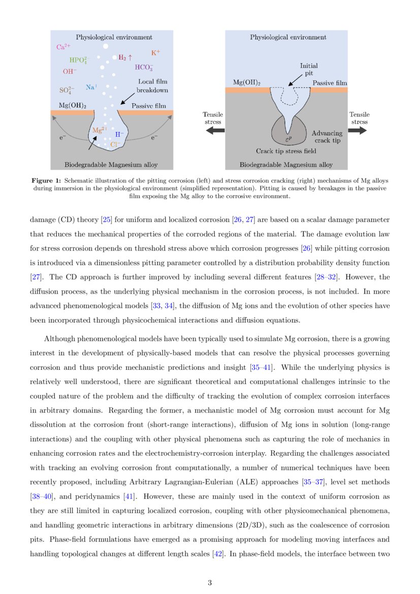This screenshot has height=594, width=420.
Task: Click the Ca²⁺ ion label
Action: (63, 47)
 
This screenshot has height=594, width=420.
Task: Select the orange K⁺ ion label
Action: (155, 53)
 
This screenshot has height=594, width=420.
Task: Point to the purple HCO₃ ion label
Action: (144, 67)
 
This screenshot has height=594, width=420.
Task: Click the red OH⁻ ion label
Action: (70, 72)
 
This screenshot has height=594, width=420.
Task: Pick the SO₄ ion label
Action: (67, 90)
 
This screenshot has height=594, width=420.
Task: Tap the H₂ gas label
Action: (125, 58)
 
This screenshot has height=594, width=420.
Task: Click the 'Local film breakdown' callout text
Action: (152, 86)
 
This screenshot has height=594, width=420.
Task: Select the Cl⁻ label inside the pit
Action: (116, 145)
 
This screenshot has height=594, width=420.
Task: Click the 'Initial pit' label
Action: (309, 69)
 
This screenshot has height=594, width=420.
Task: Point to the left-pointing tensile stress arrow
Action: (214, 131)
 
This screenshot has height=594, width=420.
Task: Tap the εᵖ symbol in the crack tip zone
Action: (288, 138)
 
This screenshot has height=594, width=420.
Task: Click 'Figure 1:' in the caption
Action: (46, 180)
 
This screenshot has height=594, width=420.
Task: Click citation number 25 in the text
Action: (107, 220)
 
